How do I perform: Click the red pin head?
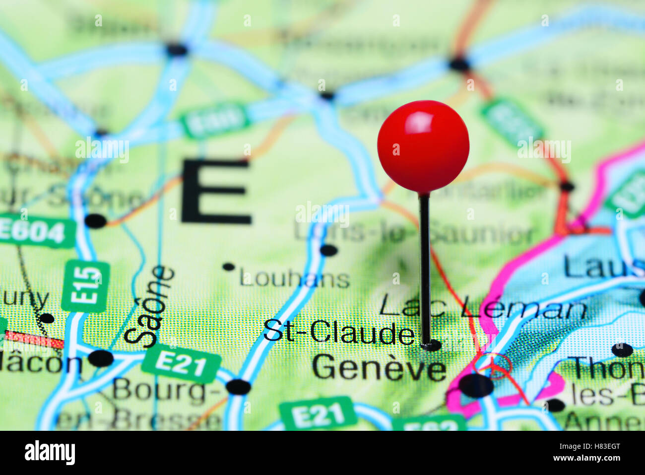(x=423, y=145)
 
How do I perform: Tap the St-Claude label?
(x=339, y=332)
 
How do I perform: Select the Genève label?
(x=379, y=368)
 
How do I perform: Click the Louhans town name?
(x=295, y=278)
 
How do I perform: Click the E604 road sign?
(x=35, y=231)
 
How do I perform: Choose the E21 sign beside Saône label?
(x=181, y=364)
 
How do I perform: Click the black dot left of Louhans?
(x=228, y=267)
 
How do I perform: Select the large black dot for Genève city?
(x=476, y=385)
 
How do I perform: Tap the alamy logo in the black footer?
(x=50, y=453)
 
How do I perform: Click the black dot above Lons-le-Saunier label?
(x=328, y=250)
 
